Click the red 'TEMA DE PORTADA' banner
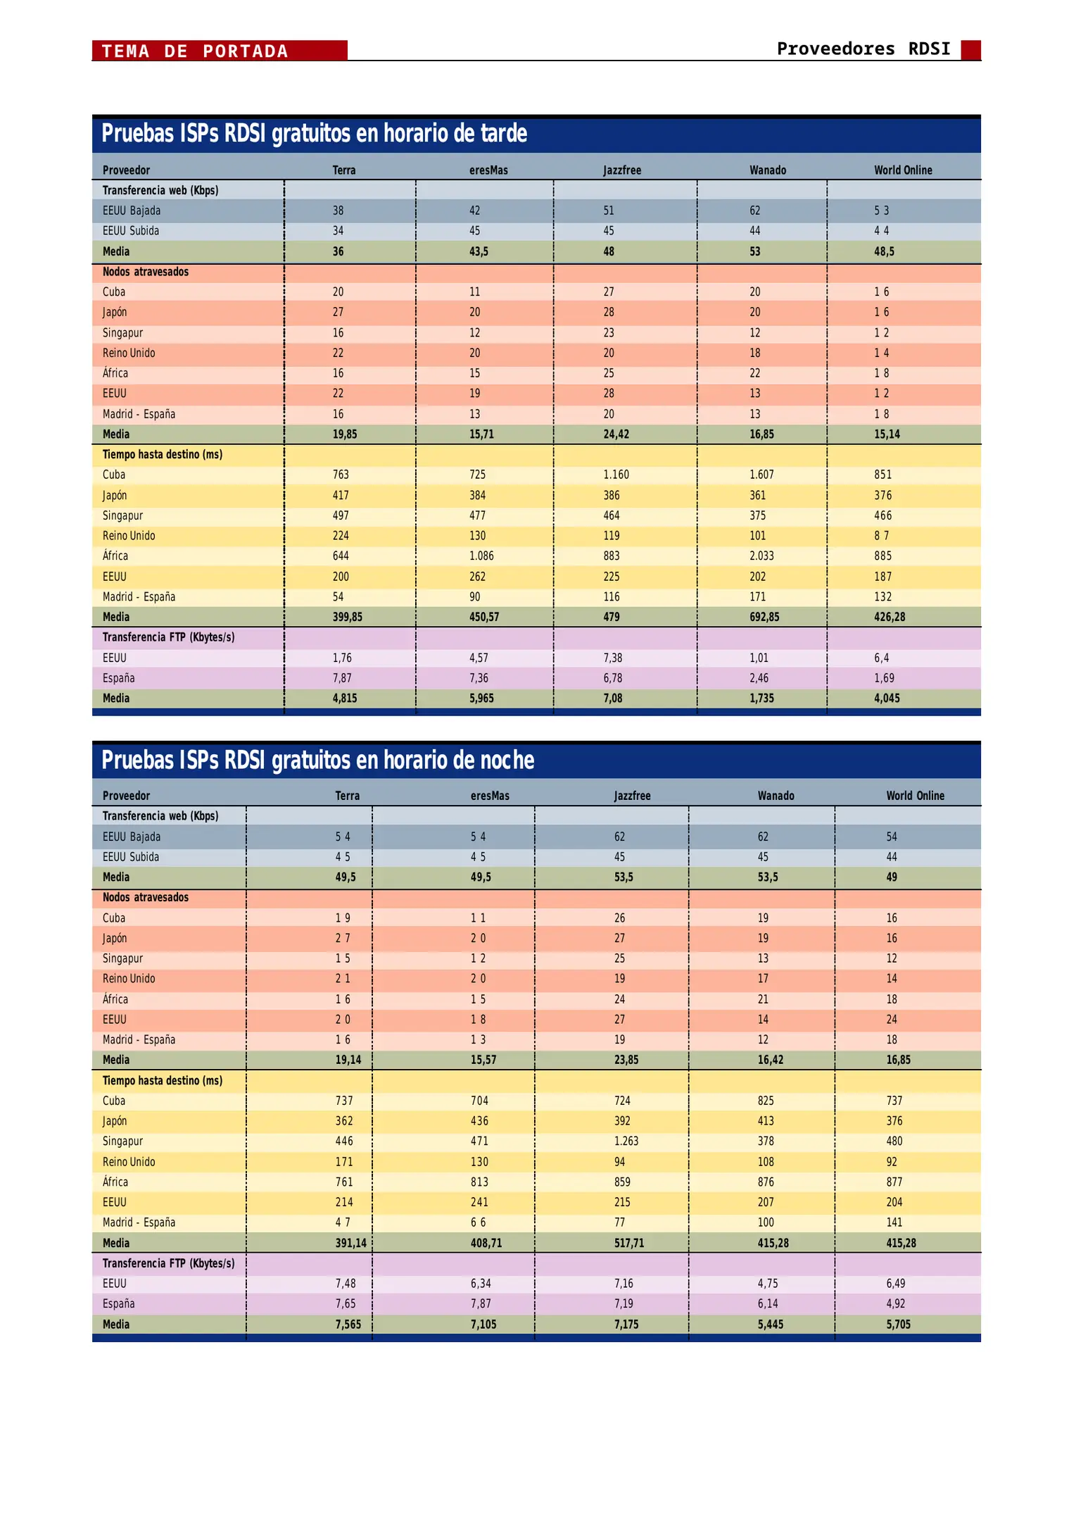pos(219,51)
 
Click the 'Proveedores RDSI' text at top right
pos(863,49)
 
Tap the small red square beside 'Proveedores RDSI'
pos(970,50)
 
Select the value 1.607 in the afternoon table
pos(761,475)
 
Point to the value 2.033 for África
pos(761,556)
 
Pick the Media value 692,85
pos(761,617)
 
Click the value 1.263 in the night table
pos(626,1141)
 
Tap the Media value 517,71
pos(628,1243)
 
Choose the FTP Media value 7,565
pos(348,1324)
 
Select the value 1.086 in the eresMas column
pos(481,556)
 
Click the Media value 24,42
pos(616,434)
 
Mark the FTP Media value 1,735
pos(761,699)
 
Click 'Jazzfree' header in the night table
pos(632,796)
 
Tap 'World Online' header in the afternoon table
pos(903,170)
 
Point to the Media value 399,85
pos(347,617)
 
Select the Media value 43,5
pos(479,251)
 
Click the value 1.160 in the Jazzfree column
pos(616,475)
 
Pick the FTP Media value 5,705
pos(898,1324)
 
